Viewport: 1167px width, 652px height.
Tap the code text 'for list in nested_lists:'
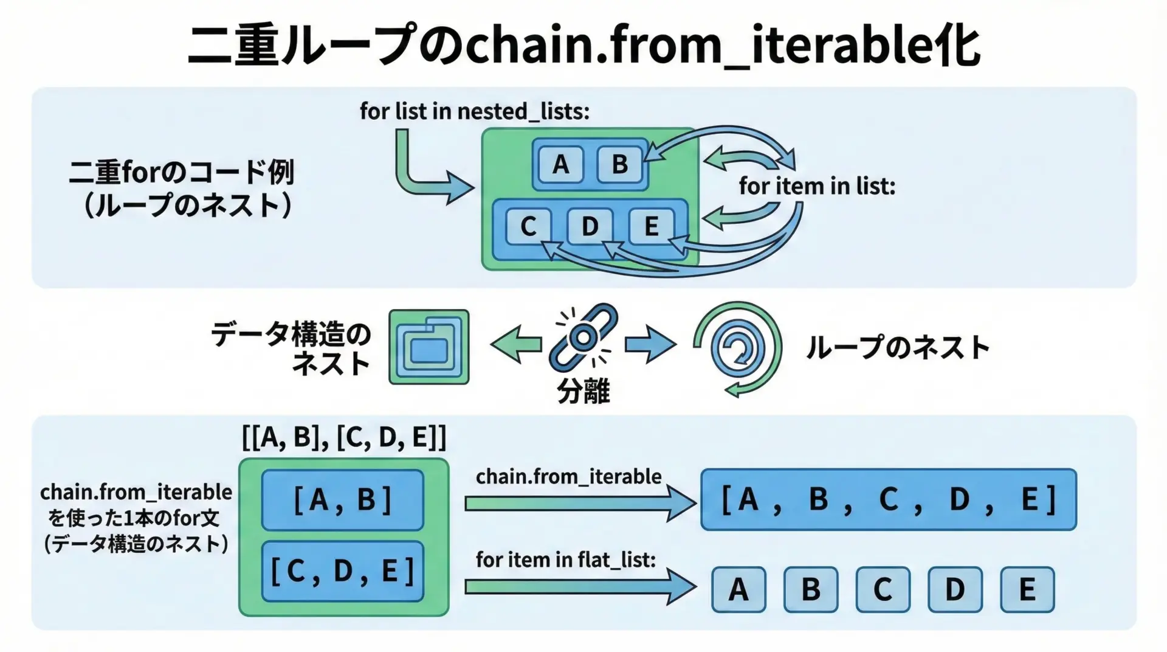point(475,111)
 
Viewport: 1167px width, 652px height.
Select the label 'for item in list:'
point(817,186)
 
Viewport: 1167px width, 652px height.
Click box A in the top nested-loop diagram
point(560,164)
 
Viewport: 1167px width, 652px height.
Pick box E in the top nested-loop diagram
point(651,226)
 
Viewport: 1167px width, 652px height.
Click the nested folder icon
point(429,347)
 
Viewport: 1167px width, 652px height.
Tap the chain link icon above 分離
point(583,338)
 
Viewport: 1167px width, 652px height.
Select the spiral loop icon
point(737,349)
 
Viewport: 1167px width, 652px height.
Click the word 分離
point(583,390)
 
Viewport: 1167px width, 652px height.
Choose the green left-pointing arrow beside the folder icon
point(516,344)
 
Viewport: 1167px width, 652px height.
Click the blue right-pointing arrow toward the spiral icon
point(650,344)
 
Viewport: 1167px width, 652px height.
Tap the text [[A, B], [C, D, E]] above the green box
point(344,437)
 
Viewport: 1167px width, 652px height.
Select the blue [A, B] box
point(343,500)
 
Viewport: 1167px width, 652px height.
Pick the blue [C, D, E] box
point(343,571)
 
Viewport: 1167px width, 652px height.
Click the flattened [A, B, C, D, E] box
point(889,499)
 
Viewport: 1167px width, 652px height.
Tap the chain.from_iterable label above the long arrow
point(568,476)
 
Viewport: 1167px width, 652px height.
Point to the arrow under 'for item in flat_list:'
point(580,587)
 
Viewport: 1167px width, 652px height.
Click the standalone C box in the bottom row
point(883,589)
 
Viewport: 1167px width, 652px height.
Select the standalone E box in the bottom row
point(1027,589)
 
